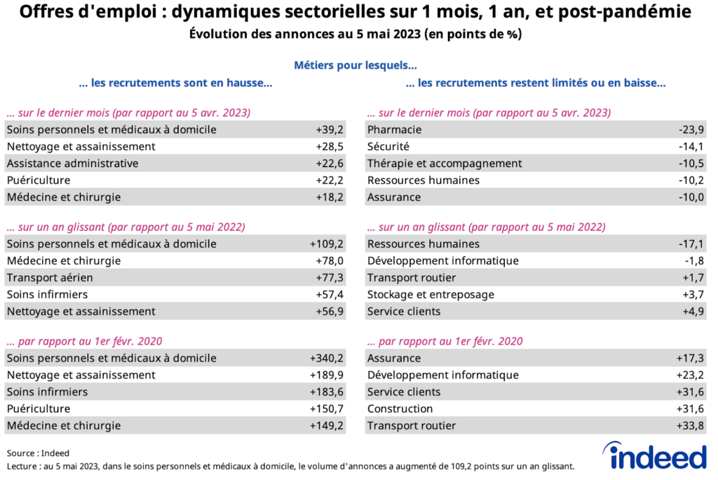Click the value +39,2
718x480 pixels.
point(329,130)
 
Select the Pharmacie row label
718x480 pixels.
point(394,130)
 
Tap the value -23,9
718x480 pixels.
point(691,130)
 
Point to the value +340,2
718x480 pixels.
point(326,359)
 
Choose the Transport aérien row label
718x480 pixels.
point(50,278)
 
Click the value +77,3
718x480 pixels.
point(329,278)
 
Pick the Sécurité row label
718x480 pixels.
point(388,147)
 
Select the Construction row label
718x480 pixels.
point(400,409)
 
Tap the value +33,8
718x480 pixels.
point(690,426)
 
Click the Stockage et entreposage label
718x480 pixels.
point(431,295)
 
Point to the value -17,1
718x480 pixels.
point(691,244)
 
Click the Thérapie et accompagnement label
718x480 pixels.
point(445,164)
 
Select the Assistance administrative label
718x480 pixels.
point(72,164)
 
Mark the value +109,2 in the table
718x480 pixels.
point(326,244)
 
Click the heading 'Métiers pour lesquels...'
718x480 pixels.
point(355,66)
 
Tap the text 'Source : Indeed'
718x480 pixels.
point(38,453)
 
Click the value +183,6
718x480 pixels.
point(326,392)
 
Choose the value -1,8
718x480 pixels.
point(694,261)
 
